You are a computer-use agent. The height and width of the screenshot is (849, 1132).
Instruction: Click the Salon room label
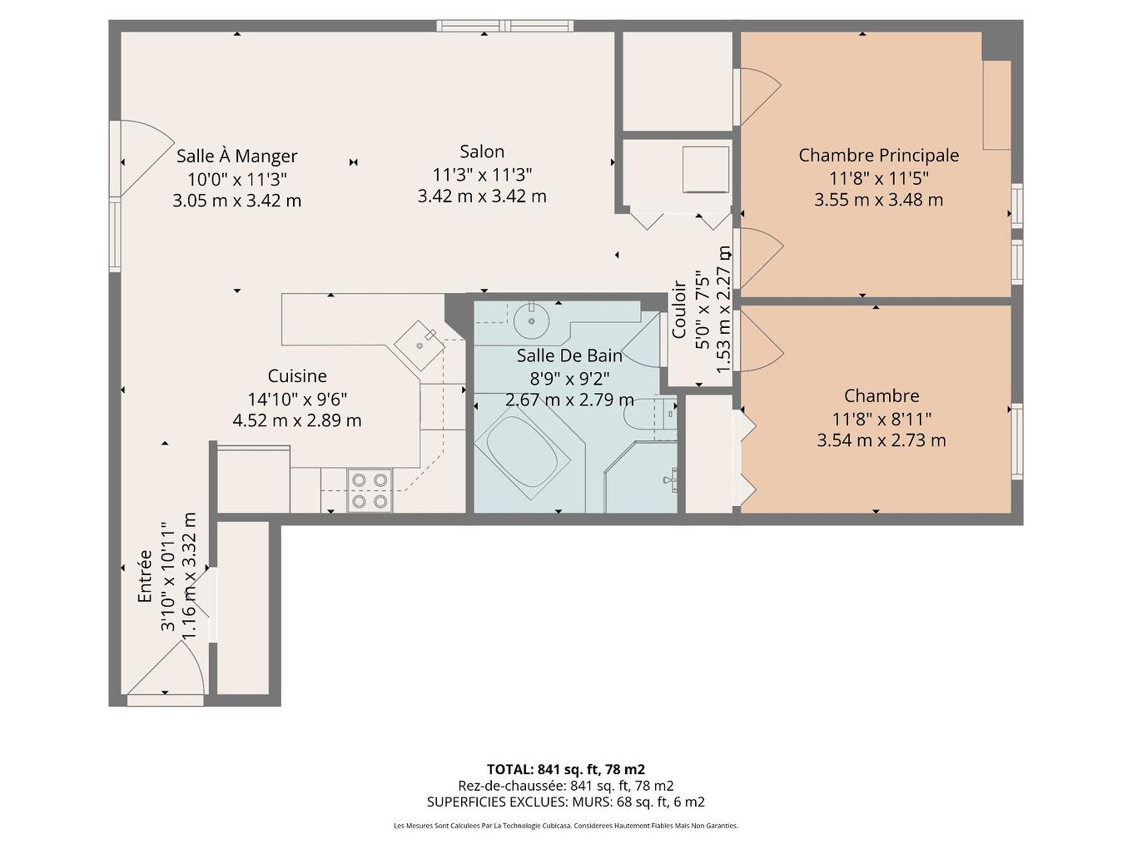click(x=482, y=151)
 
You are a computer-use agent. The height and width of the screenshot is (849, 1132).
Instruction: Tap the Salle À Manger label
click(x=236, y=156)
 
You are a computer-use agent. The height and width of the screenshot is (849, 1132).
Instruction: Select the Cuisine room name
click(x=297, y=376)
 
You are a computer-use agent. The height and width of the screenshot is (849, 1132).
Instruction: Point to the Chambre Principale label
click(x=878, y=155)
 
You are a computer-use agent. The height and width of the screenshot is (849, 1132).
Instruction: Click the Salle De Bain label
click(x=569, y=356)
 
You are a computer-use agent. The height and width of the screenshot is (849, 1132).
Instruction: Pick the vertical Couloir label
click(x=679, y=309)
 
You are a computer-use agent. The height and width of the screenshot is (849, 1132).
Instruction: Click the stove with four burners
click(x=370, y=490)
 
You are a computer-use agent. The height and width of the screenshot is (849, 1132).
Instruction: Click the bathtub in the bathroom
click(x=522, y=453)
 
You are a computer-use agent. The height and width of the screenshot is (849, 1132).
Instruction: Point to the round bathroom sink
click(x=529, y=317)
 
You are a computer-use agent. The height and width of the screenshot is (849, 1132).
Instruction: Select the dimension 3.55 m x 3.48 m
click(x=878, y=200)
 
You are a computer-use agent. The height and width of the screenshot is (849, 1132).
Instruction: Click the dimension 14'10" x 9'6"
click(x=297, y=399)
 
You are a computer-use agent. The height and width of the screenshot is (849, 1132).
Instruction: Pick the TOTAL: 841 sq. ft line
click(x=565, y=769)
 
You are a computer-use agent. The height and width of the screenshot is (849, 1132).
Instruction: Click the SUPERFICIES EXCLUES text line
click(x=565, y=802)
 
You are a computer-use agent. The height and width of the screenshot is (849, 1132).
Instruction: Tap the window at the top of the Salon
click(x=505, y=25)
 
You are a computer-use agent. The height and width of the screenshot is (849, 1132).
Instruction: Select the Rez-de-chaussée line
click(x=565, y=786)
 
